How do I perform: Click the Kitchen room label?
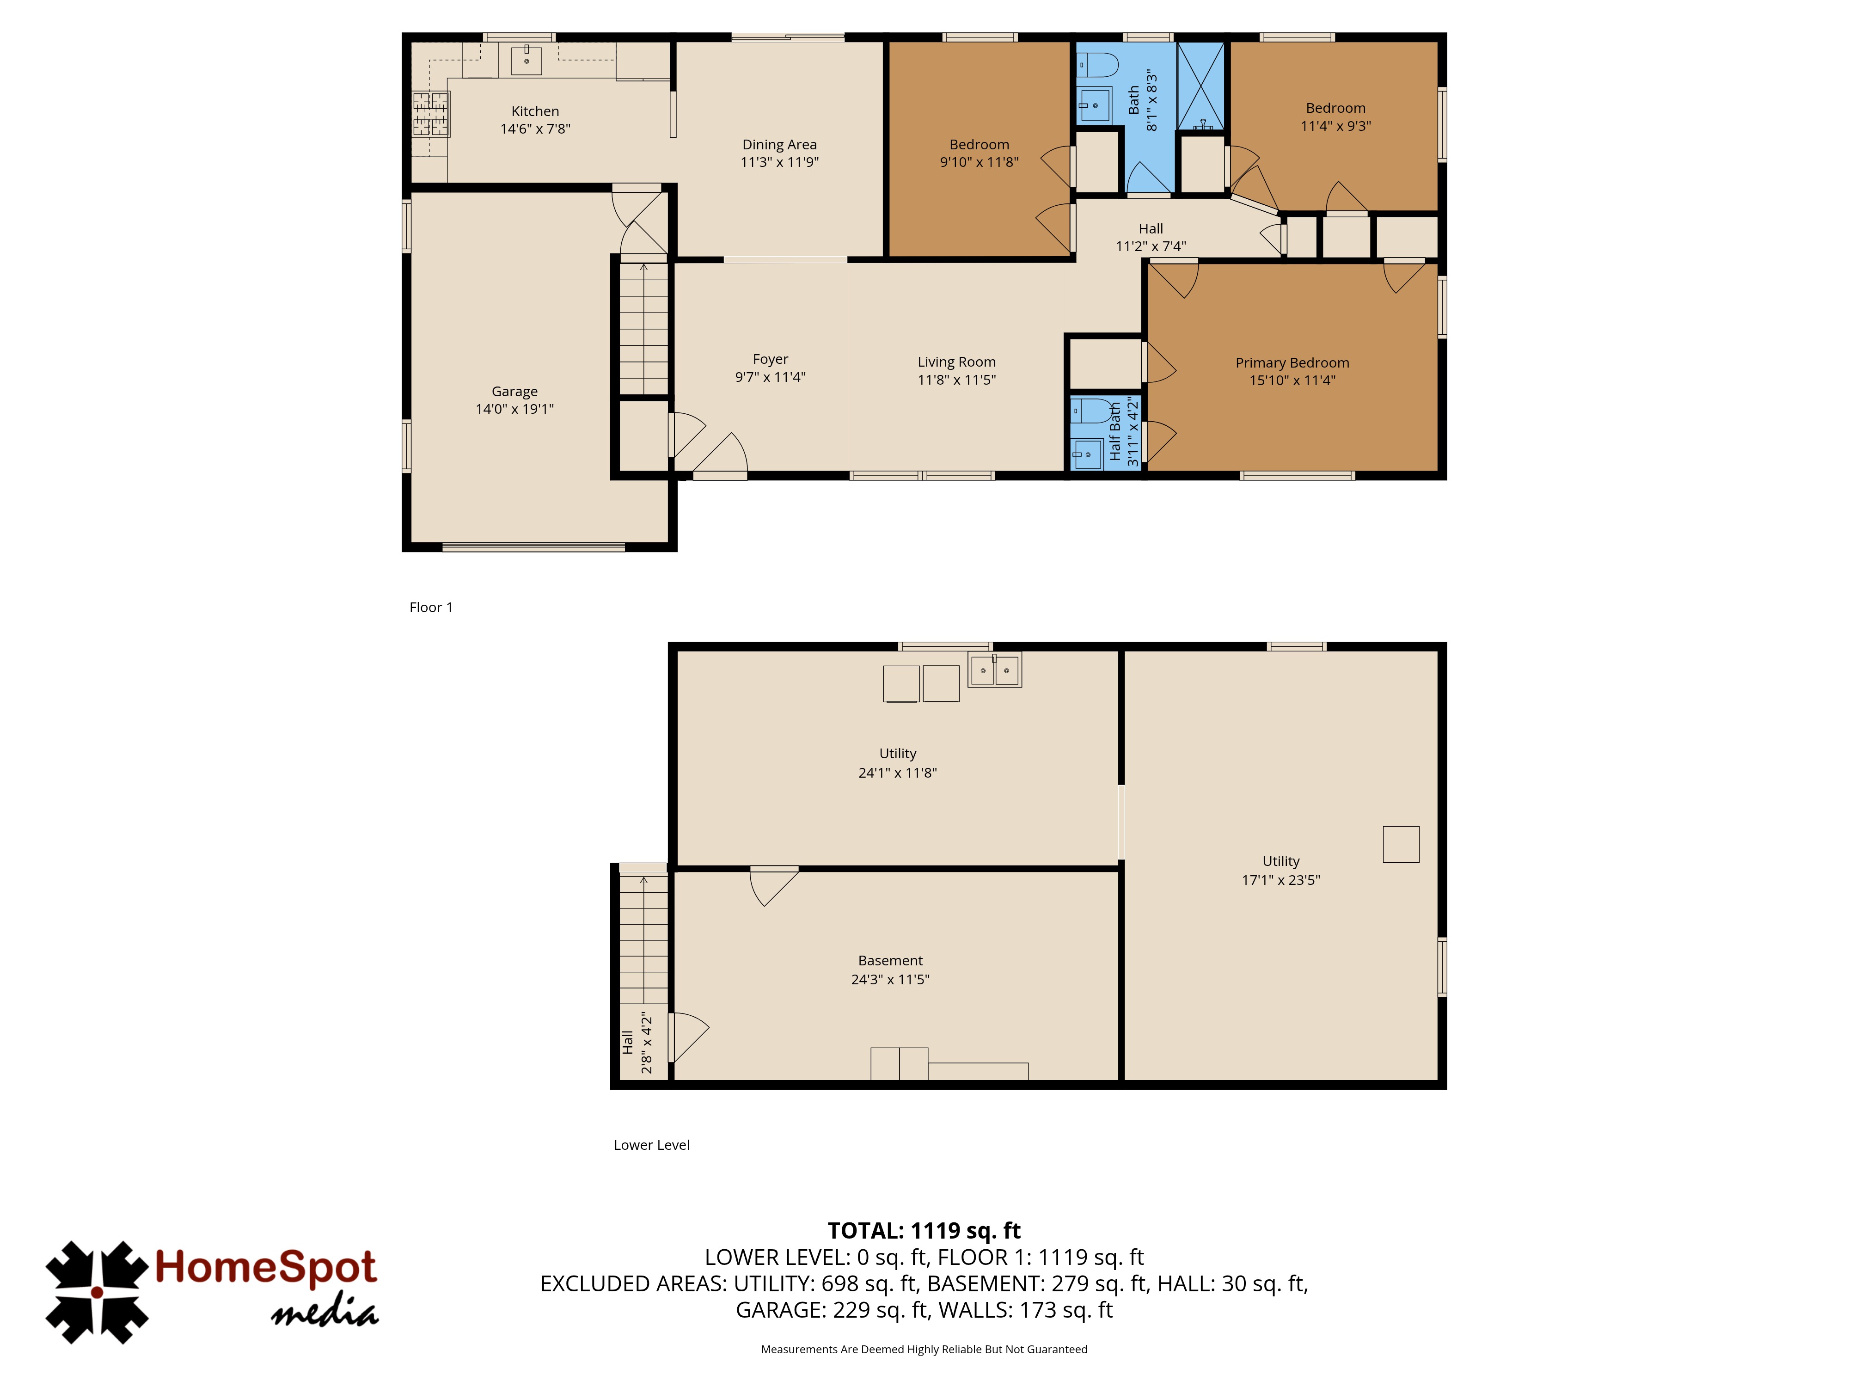(535, 111)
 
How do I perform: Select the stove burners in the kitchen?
(430, 114)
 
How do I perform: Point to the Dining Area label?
(779, 145)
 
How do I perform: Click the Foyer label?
(770, 360)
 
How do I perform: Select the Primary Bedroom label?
(1292, 363)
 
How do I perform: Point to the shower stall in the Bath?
(1201, 85)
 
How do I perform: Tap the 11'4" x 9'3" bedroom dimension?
(1336, 126)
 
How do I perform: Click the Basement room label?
(890, 961)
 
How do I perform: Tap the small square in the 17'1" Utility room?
(1401, 844)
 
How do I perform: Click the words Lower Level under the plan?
(651, 1145)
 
